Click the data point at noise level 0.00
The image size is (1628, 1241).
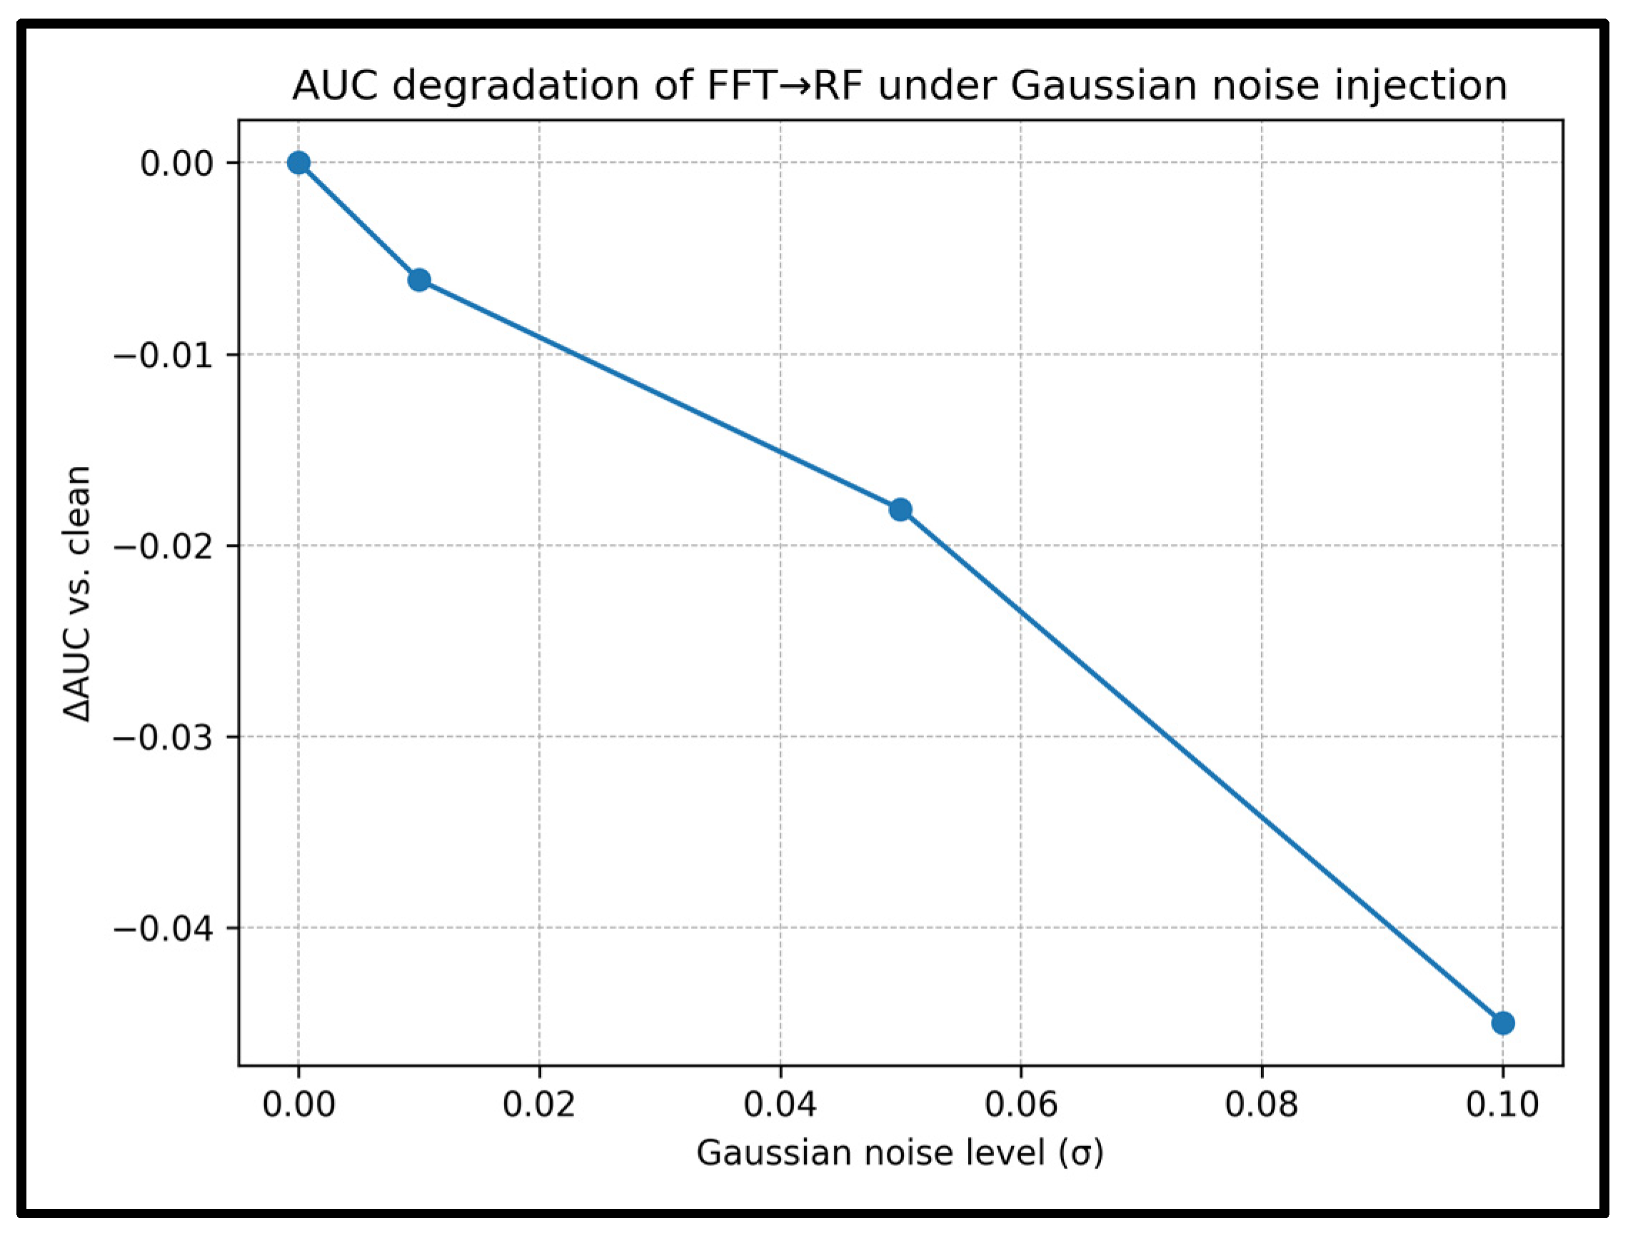pyautogui.click(x=298, y=163)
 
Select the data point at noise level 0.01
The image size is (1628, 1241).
pyautogui.click(x=419, y=280)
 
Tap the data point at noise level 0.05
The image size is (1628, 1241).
pyautogui.click(x=900, y=510)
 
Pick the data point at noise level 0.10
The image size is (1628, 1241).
pyautogui.click(x=1502, y=1023)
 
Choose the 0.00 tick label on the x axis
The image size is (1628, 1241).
pyautogui.click(x=298, y=1105)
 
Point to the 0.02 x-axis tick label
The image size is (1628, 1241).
pyautogui.click(x=539, y=1105)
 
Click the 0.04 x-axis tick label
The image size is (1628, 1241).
pyautogui.click(x=780, y=1105)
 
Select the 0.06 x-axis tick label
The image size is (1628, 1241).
pyautogui.click(x=1021, y=1105)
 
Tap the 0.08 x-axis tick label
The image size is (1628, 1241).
pyautogui.click(x=1262, y=1105)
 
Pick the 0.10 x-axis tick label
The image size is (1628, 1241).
pyautogui.click(x=1502, y=1105)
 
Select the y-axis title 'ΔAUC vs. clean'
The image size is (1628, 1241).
pyautogui.click(x=77, y=593)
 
